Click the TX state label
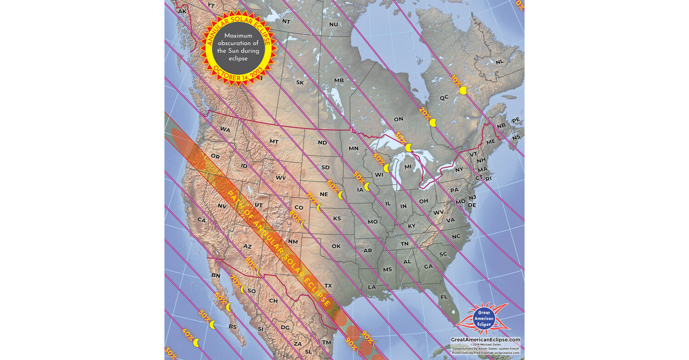[328, 286]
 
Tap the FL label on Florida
[444, 297]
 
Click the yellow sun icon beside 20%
[433, 123]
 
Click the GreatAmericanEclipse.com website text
[486, 340]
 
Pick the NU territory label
[333, 24]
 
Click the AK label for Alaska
[182, 11]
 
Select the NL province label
[500, 62]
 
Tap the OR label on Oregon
[215, 156]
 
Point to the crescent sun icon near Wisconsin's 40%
[387, 168]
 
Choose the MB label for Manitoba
[339, 80]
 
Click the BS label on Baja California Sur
[232, 327]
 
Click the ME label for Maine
[491, 142]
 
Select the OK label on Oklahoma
[336, 246]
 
